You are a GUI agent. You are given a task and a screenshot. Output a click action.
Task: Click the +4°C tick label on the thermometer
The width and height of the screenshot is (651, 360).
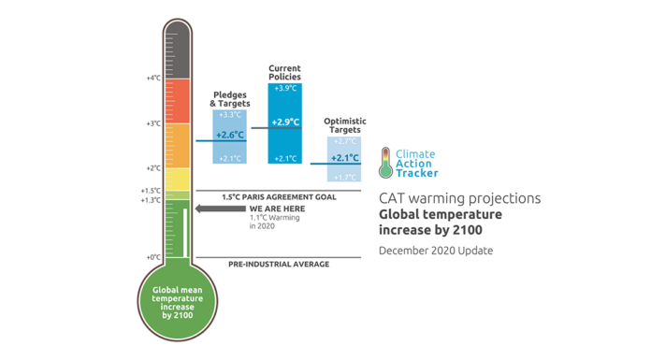[x=153, y=78]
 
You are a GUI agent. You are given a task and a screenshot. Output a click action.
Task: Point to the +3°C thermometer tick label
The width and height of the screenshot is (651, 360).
[x=153, y=122]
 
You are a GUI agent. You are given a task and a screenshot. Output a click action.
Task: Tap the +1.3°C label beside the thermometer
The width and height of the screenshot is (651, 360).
[x=151, y=199]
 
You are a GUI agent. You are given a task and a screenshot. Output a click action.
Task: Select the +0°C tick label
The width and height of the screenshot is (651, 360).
[x=153, y=256]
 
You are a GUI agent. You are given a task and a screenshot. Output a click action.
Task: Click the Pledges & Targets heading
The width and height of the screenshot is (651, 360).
[x=230, y=98]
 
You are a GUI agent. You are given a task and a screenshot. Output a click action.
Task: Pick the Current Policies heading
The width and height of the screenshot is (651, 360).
[x=284, y=72]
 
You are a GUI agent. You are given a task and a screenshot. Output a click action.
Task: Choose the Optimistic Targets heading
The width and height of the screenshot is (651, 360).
[x=344, y=124]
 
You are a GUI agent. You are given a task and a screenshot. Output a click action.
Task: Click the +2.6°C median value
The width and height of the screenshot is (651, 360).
[x=230, y=136]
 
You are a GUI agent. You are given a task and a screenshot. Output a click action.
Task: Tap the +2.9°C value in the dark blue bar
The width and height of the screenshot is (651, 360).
[x=284, y=122]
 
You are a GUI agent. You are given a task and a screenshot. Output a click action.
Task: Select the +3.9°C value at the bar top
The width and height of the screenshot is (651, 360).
[x=284, y=88]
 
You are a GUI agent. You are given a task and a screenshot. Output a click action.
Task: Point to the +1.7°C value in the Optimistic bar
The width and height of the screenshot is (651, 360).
[x=344, y=176]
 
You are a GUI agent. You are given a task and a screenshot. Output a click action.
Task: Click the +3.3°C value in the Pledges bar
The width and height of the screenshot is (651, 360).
[x=230, y=114]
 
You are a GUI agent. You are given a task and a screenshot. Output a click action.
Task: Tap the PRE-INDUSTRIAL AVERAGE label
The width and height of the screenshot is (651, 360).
[x=279, y=265]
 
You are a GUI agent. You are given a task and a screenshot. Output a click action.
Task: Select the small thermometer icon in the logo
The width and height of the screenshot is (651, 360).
[x=384, y=162]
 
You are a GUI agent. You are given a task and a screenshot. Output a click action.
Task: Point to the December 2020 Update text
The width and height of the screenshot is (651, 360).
[x=435, y=251]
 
